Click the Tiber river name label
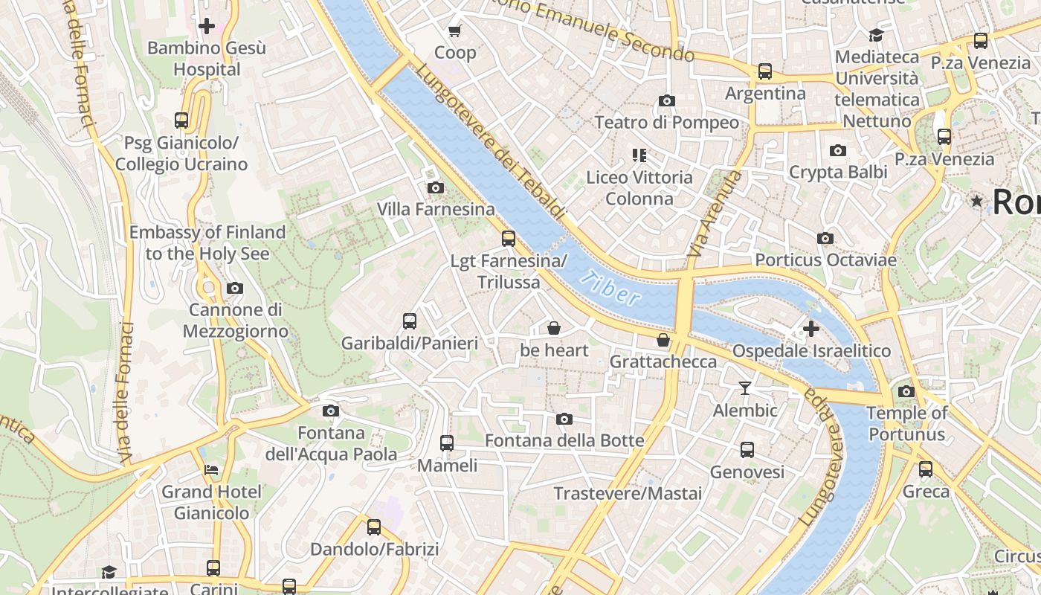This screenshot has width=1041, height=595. tap(611, 288)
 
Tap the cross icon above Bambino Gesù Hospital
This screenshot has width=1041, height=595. tap(207, 26)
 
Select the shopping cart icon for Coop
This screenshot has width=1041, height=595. tap(454, 30)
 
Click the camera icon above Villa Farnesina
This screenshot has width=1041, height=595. tap(436, 187)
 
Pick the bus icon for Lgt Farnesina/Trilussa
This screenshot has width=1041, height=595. tap(509, 239)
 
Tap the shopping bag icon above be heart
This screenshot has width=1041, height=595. tap(554, 328)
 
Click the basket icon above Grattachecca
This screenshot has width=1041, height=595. tap(663, 340)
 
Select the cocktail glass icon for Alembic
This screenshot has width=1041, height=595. tap(744, 387)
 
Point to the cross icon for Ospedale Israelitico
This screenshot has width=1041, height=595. tap(811, 328)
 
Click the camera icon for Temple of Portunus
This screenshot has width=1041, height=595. tap(906, 391)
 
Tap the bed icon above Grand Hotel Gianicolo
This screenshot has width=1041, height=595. tap(211, 470)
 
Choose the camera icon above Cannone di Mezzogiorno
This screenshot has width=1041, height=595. tap(235, 288)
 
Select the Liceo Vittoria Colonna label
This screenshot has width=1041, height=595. tap(639, 188)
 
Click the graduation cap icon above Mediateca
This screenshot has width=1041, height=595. tap(876, 35)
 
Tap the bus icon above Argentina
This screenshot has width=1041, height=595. tap(765, 71)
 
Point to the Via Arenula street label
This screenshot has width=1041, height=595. tap(715, 214)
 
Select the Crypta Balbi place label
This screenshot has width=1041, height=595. tap(838, 172)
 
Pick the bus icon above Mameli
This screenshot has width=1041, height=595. tap(447, 443)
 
